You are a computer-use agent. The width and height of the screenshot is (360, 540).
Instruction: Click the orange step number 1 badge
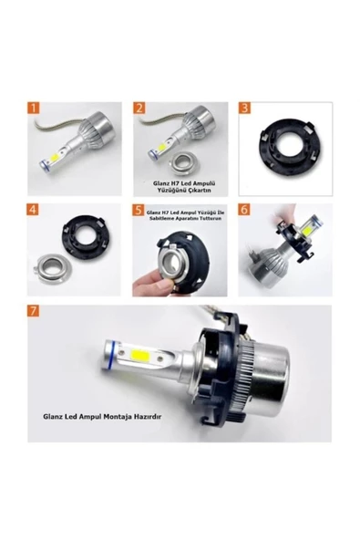[34, 108]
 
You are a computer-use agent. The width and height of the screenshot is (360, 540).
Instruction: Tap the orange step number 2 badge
[139, 108]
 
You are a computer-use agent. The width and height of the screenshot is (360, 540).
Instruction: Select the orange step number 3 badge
[244, 108]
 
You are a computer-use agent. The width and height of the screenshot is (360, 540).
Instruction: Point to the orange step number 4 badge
[33, 210]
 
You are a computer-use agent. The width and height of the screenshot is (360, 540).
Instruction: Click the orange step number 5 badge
[139, 210]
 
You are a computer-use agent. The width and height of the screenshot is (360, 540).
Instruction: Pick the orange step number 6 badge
[244, 210]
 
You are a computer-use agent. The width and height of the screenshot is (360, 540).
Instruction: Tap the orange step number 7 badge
[34, 311]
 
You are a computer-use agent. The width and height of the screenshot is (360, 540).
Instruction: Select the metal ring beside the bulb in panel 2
[184, 161]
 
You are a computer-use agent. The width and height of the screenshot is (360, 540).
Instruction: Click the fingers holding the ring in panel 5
[151, 283]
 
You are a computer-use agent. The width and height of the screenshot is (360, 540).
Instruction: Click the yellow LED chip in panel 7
[138, 355]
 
